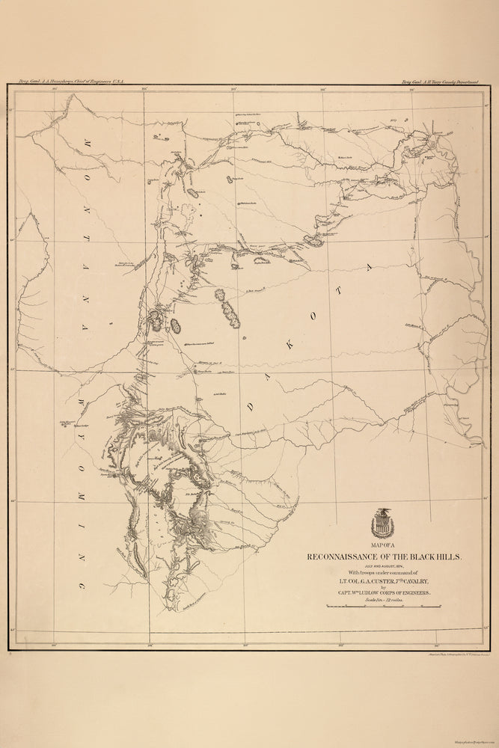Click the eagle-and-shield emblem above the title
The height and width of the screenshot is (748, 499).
[x=382, y=523]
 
